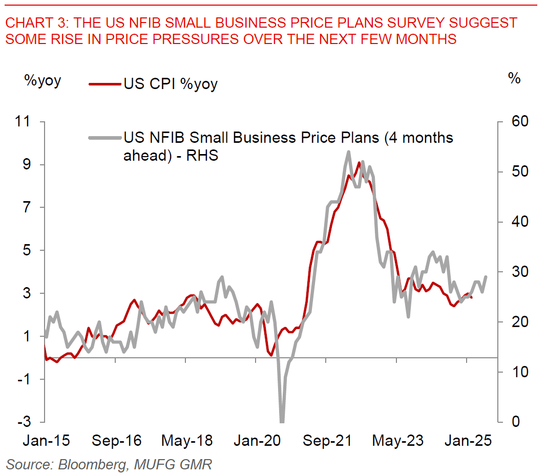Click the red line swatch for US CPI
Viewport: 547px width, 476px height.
point(106,83)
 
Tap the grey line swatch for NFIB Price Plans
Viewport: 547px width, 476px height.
point(106,138)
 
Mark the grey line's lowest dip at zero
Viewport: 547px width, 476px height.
point(281,421)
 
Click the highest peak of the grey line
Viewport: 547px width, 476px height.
point(349,152)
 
